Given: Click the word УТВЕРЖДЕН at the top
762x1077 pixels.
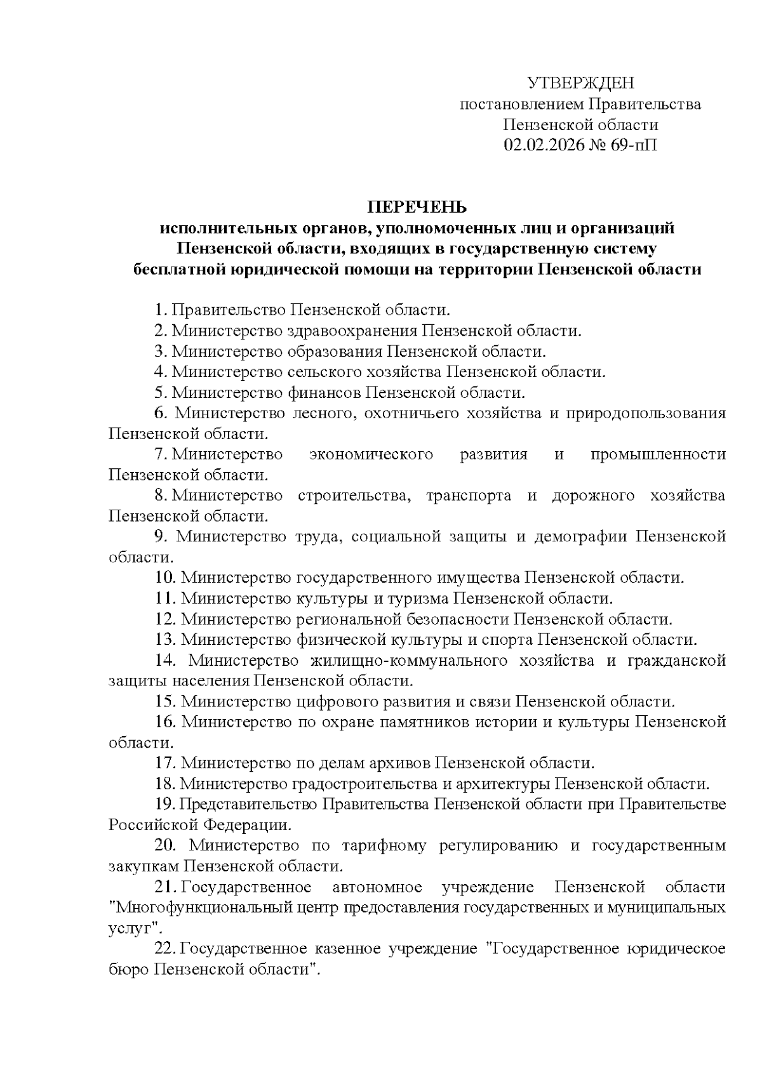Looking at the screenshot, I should pos(580,84).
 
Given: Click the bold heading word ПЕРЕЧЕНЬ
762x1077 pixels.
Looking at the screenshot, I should pos(417,207).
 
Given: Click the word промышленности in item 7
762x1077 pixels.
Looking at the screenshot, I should pos(658,454).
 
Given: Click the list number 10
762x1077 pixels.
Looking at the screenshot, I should pos(165,578).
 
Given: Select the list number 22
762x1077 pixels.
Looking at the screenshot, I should pos(165,949).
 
